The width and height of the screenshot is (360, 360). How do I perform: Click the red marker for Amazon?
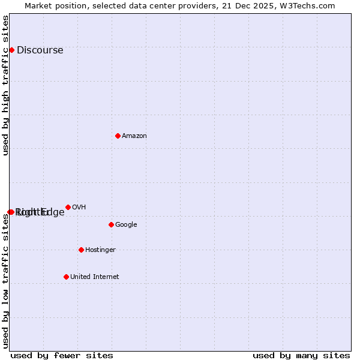(x=118, y=136)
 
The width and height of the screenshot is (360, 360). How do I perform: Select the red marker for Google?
(x=111, y=224)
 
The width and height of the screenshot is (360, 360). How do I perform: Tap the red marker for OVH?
(x=68, y=207)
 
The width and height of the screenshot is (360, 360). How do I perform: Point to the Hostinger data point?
(x=81, y=250)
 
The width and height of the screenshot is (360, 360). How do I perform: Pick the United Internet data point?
(x=66, y=277)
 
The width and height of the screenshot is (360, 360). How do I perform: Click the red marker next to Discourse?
(x=11, y=50)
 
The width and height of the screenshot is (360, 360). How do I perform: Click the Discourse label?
(x=40, y=50)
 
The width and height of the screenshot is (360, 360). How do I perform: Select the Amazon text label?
(x=134, y=136)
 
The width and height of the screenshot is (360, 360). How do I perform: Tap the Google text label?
(x=126, y=225)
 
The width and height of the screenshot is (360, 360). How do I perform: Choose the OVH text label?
(x=79, y=208)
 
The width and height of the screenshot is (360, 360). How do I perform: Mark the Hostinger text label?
(x=100, y=250)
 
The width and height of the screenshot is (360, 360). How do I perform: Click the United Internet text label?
(x=94, y=277)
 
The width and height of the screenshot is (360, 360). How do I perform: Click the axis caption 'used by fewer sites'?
(x=62, y=355)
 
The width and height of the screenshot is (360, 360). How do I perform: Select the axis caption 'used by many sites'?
(x=301, y=355)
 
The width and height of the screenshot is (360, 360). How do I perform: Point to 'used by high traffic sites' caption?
(x=6, y=85)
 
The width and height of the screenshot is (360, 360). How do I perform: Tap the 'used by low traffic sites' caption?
(x=6, y=281)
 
